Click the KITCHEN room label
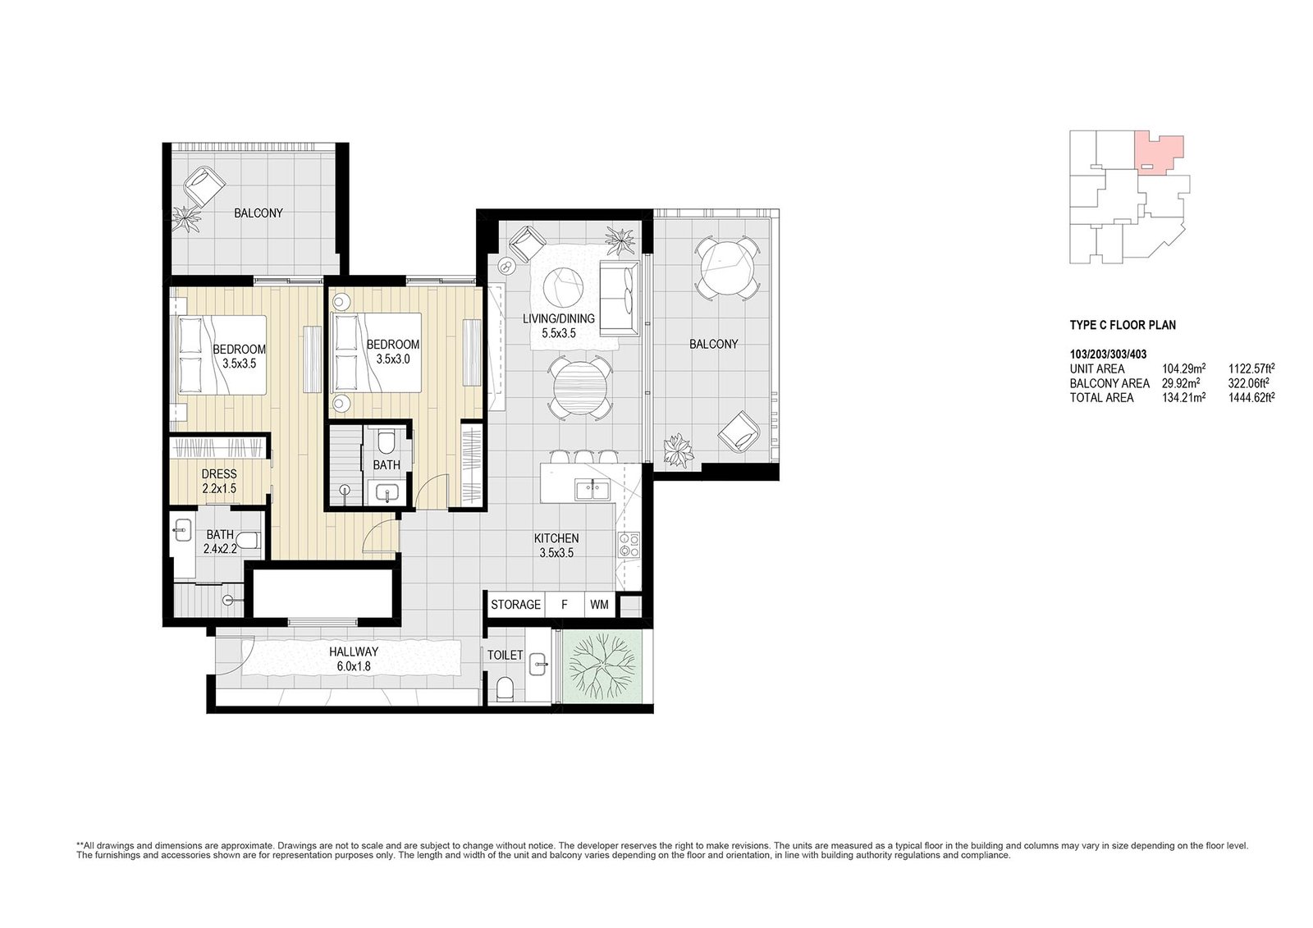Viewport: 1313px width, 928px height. [556, 537]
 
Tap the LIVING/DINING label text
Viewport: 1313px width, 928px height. [559, 318]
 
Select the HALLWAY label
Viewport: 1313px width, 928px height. [354, 651]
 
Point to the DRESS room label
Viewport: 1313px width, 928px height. [219, 473]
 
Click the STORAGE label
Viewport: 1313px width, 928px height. [516, 605]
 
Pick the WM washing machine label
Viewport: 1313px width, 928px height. [599, 605]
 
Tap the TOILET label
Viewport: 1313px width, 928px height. [506, 655]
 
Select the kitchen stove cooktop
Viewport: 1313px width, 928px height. [629, 545]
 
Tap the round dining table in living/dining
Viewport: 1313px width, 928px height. [579, 387]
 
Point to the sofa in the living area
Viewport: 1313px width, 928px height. [620, 299]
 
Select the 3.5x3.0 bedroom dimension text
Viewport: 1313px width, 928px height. [393, 359]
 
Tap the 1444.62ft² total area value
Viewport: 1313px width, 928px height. [1251, 397]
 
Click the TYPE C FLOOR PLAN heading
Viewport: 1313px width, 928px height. [1123, 325]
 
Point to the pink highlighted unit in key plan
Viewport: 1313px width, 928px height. [1160, 153]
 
